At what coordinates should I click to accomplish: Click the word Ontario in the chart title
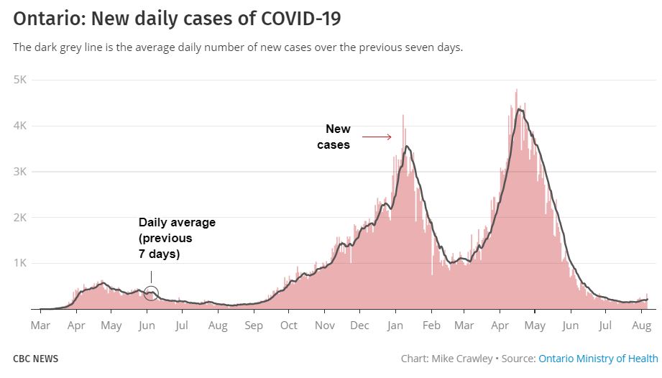[45, 19]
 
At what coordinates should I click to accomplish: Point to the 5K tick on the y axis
[20, 80]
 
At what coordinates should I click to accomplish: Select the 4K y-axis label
[20, 126]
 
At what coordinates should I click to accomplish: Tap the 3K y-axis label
[20, 172]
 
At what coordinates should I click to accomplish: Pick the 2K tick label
[20, 218]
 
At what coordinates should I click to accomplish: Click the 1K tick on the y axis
[20, 263]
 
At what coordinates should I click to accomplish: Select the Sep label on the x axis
[253, 326]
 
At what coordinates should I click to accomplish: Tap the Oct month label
[288, 326]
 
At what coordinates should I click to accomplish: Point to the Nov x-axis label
[325, 326]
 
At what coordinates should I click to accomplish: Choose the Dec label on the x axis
[359, 326]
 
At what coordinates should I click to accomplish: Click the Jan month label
[395, 326]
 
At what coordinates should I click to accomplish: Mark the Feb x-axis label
[431, 326]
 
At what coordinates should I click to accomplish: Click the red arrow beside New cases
[376, 137]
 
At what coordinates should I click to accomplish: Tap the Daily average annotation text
[176, 238]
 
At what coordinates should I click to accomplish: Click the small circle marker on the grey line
[151, 292]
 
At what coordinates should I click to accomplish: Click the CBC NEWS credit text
[36, 359]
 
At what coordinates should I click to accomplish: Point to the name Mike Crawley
[466, 359]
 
